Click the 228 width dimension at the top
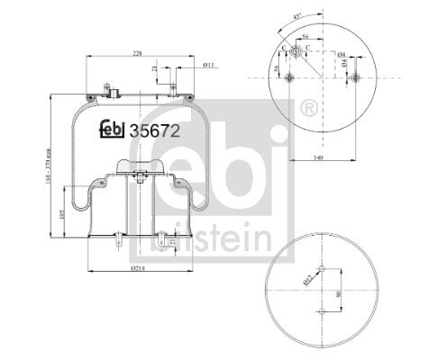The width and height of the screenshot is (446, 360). (x=136, y=53)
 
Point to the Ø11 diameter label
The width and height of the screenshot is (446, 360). (x=207, y=65)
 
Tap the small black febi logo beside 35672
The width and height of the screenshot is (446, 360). (x=113, y=129)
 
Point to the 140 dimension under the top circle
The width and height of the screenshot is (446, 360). (x=318, y=157)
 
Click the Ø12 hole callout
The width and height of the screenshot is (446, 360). (x=307, y=275)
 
